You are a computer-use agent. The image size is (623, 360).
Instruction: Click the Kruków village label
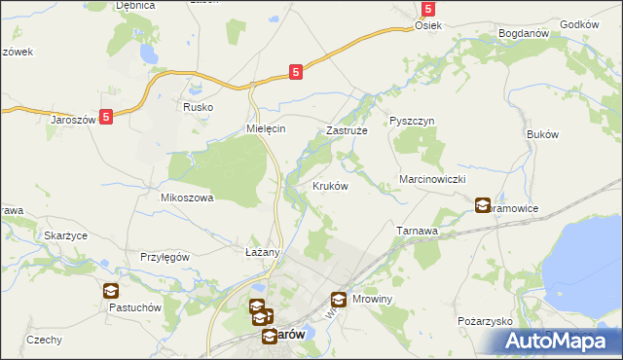point(330,186)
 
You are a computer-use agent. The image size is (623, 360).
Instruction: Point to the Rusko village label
point(197,108)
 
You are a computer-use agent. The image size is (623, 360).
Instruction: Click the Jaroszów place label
point(71,120)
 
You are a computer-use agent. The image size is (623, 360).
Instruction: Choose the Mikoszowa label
point(186,197)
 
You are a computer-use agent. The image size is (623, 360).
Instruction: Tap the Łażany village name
point(262,252)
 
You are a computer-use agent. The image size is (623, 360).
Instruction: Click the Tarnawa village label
point(421,231)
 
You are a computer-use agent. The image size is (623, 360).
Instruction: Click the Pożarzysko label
point(484,320)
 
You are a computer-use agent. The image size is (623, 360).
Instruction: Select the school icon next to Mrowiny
point(339,301)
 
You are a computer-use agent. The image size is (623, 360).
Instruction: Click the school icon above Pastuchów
point(110,290)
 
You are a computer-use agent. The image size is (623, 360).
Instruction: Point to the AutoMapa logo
point(552,341)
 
